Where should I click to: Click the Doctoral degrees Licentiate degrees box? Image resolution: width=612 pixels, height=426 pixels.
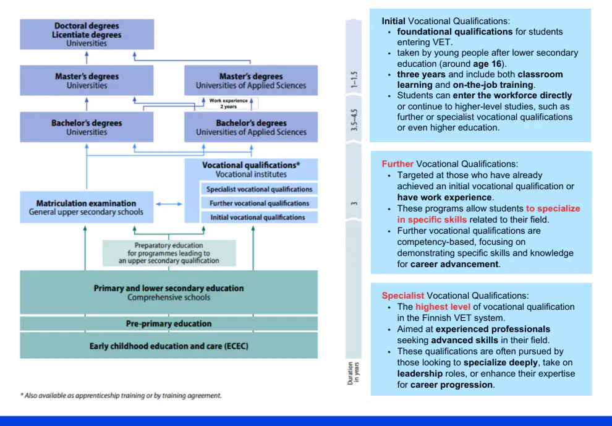[x=87, y=35]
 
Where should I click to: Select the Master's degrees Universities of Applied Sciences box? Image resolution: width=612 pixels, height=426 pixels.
[x=251, y=80]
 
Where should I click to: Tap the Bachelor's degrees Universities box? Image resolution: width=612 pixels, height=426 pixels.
[x=87, y=127]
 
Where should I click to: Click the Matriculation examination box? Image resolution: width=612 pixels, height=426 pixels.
[x=87, y=207]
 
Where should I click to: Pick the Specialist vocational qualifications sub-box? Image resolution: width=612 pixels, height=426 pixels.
[x=259, y=189]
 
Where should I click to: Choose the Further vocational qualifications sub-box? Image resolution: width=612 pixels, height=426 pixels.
[x=259, y=203]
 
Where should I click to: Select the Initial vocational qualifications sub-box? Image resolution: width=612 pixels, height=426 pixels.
[x=259, y=217]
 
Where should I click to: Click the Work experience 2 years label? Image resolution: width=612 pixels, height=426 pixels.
[x=228, y=103]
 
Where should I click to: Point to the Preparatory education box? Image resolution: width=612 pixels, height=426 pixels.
[x=169, y=253]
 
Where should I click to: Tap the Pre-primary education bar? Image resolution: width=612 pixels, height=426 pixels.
[x=169, y=324]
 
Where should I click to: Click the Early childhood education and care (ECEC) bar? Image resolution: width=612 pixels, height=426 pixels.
[x=169, y=346]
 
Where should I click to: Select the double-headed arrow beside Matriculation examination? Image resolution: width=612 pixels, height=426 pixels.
[x=169, y=204]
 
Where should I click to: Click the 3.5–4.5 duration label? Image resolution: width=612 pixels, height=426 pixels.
[x=354, y=120]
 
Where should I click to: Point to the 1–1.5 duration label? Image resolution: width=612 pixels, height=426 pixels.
[x=354, y=80]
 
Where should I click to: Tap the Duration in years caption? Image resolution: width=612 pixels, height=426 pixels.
[x=354, y=373]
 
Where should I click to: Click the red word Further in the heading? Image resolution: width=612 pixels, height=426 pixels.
[x=397, y=164]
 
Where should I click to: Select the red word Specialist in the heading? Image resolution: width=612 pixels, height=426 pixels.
[x=403, y=296]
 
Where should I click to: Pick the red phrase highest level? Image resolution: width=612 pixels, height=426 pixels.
[x=443, y=307]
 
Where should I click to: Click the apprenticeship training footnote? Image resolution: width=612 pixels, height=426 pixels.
[x=121, y=396]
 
